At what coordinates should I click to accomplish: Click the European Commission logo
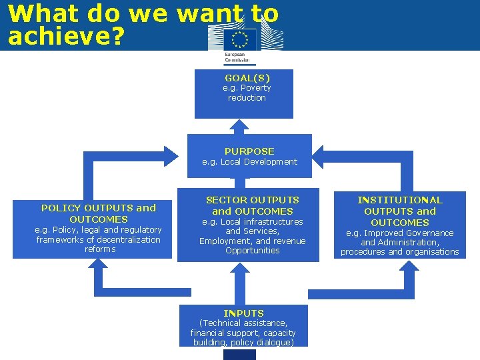(x=240, y=45)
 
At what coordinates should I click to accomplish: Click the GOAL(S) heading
(x=247, y=78)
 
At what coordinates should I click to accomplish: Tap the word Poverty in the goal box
(x=256, y=88)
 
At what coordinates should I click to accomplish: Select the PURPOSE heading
(x=249, y=151)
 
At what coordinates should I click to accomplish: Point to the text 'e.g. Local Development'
(x=249, y=162)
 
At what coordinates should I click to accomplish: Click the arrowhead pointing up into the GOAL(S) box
(x=241, y=125)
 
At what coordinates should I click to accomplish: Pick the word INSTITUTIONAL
(x=399, y=200)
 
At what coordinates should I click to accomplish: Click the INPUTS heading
(x=243, y=313)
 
